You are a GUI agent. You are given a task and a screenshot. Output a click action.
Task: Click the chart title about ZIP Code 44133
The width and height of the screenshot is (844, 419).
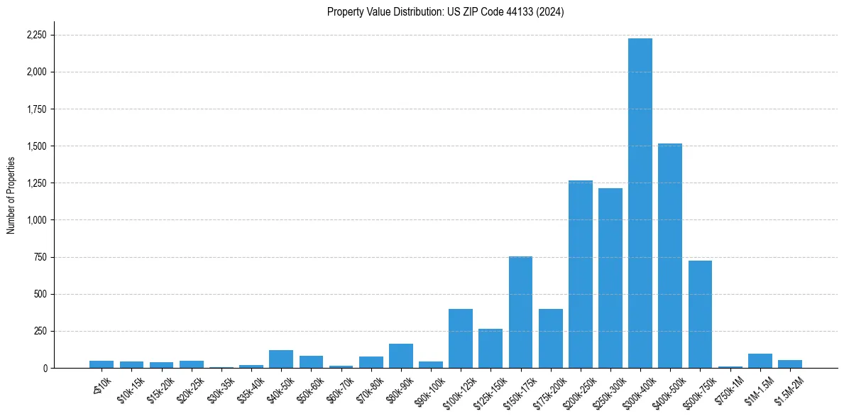445,12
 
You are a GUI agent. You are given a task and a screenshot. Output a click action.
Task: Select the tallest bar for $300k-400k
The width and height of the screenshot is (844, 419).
640,203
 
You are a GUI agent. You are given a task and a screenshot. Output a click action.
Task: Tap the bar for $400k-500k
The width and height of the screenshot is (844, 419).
670,256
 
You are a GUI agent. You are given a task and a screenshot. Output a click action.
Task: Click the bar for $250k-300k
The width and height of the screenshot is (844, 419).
610,278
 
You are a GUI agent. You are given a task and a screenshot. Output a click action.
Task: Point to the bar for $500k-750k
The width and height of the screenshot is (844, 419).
700,314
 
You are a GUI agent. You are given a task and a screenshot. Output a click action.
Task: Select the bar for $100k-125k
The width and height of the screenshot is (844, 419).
461,338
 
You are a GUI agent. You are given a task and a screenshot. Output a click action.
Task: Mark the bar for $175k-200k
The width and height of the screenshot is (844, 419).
551,338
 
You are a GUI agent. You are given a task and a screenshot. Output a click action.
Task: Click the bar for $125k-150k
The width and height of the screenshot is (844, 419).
490,348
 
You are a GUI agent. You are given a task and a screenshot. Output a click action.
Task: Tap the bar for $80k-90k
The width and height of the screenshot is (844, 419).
401,356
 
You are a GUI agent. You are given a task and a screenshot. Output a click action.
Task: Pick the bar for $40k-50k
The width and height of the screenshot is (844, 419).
281,359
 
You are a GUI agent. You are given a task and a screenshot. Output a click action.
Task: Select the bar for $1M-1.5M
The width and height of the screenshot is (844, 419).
760,361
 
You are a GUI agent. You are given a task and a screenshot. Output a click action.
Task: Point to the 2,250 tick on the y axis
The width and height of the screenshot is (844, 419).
37,36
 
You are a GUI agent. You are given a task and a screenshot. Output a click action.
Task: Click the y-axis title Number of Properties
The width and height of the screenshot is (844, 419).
11,195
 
